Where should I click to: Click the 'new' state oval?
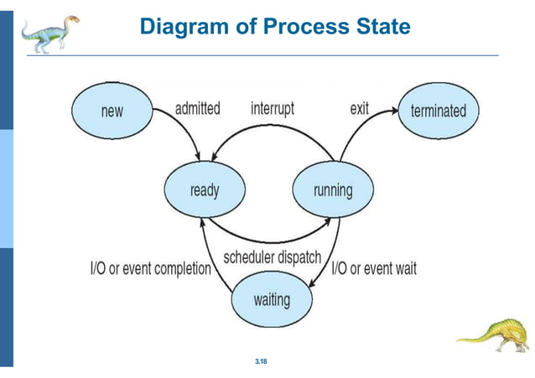pyautogui.click(x=112, y=110)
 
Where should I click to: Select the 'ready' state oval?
pyautogui.click(x=204, y=189)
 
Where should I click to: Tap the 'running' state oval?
pyautogui.click(x=332, y=189)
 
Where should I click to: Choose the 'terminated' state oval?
pyautogui.click(x=438, y=110)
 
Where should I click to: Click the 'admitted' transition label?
pyautogui.click(x=197, y=109)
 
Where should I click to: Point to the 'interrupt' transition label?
pyautogui.click(x=273, y=109)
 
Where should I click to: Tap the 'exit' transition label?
pyautogui.click(x=359, y=109)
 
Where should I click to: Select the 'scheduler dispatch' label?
pyautogui.click(x=273, y=257)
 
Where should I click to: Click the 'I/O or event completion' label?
pyautogui.click(x=151, y=269)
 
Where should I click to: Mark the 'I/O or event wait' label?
pyautogui.click(x=374, y=269)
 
